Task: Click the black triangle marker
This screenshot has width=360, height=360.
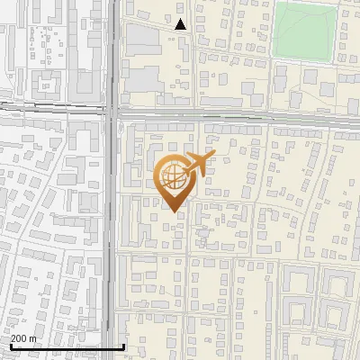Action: [x=181, y=24]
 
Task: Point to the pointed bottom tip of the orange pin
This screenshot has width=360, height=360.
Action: [x=173, y=212]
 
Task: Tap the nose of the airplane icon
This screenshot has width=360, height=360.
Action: [x=213, y=157]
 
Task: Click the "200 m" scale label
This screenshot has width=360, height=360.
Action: [x=23, y=338]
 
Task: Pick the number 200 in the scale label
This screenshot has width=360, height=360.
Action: [x=19, y=338]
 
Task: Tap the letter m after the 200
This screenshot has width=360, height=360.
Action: [x=32, y=338]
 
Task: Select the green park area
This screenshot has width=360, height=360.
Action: [x=305, y=31]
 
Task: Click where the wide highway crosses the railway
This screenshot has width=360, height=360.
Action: [x=112, y=112]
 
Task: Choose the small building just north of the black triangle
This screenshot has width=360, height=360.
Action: [x=181, y=9]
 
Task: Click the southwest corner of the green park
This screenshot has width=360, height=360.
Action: [x=274, y=58]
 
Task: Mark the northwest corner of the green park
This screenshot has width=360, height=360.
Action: [x=275, y=5]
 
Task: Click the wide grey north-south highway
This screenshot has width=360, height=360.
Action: [x=112, y=225]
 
